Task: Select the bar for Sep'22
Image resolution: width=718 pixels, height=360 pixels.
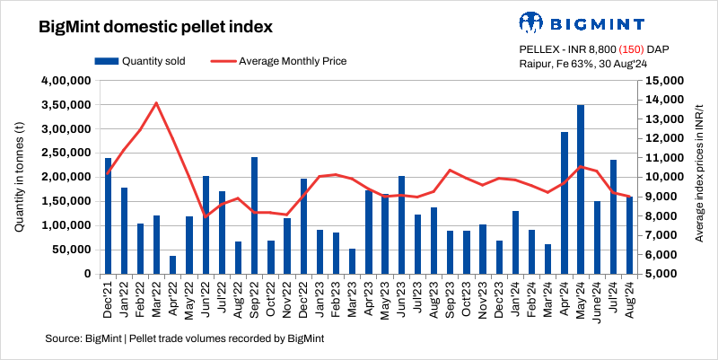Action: coord(255,215)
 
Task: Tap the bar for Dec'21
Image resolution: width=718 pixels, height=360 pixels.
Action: coord(109,215)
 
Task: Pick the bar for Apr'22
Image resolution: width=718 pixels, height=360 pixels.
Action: coord(173,265)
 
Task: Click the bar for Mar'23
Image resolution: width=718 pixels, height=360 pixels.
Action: coord(353,261)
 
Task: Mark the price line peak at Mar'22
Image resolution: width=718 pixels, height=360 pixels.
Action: coord(157,102)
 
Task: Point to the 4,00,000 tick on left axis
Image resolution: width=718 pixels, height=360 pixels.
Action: coord(64,81)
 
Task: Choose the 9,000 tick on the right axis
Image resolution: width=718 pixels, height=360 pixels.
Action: coord(665,197)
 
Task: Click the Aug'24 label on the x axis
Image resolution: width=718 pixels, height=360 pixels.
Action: coord(630,298)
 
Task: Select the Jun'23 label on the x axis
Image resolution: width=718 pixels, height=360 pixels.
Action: coord(402,298)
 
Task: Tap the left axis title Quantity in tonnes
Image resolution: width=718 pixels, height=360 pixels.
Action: coord(19,177)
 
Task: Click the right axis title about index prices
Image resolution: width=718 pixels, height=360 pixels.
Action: coord(699,177)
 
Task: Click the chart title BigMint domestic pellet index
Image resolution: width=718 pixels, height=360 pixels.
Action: coord(156,27)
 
